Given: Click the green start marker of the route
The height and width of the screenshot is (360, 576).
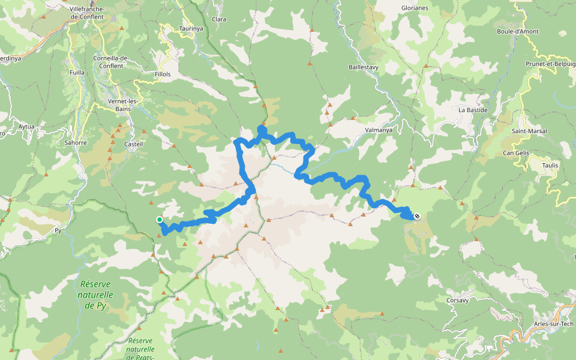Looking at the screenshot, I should pos(160,220).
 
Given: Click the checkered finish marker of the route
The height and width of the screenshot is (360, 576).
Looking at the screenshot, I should pos(416,216).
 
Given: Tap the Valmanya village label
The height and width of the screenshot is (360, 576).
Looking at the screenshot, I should pos(378,129).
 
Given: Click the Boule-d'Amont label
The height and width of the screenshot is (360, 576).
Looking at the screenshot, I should pos(518,32).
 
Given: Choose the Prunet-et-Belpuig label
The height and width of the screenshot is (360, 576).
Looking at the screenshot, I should pos(550,63).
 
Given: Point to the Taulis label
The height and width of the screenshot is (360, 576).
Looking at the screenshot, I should pos(550,165).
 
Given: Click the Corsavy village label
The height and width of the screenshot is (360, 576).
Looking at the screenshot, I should pos(457,300).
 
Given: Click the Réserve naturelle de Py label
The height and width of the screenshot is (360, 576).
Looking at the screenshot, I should pos(95,295).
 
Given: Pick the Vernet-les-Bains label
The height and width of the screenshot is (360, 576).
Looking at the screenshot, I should pos(122,105).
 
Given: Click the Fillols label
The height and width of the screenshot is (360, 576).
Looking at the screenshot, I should pos(163,74).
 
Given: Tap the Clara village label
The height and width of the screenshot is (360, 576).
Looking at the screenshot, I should pos(219,19).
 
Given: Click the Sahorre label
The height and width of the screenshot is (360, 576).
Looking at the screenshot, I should pos(76,143).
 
